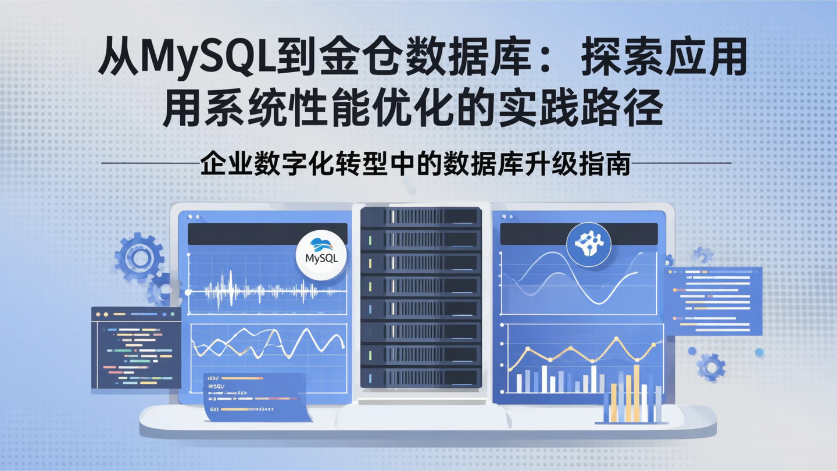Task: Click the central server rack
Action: tap(421, 297)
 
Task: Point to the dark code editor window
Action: tap(136, 348)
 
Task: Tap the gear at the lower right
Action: tap(710, 366)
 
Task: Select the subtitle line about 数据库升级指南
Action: tap(416, 164)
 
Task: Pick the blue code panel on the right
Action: tap(713, 301)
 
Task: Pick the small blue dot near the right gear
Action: tap(759, 352)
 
